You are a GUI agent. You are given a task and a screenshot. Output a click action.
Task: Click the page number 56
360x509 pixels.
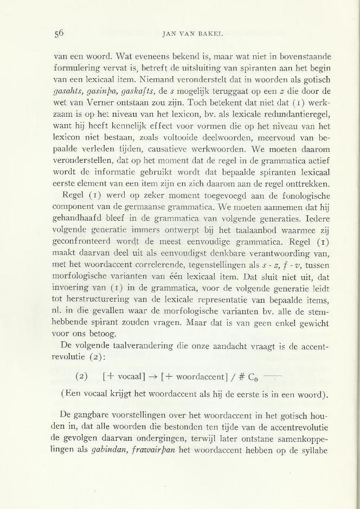tap(59, 32)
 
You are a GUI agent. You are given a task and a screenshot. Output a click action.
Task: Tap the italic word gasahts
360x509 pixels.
tap(70, 90)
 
